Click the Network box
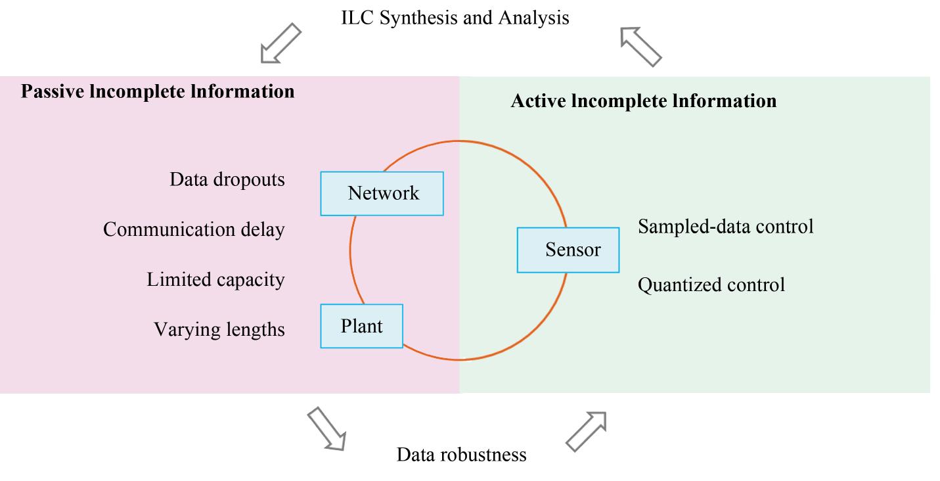click(x=382, y=193)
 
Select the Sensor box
click(x=568, y=250)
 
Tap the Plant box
click(x=362, y=326)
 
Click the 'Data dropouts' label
click(x=227, y=179)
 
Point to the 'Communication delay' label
click(x=194, y=229)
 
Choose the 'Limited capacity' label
click(x=215, y=279)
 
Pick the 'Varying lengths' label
click(x=219, y=329)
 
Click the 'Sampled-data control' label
click(x=726, y=227)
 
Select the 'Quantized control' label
click(x=711, y=285)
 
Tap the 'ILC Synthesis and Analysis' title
click(x=455, y=18)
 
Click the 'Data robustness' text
click(x=461, y=455)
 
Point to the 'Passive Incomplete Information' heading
click(x=158, y=91)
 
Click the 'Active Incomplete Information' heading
click(x=644, y=101)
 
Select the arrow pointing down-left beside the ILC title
click(x=280, y=43)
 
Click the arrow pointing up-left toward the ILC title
click(x=641, y=47)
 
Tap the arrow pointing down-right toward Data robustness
click(x=327, y=428)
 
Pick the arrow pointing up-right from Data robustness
click(x=586, y=432)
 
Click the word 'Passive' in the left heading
click(x=53, y=91)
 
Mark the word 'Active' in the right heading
click(x=539, y=101)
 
